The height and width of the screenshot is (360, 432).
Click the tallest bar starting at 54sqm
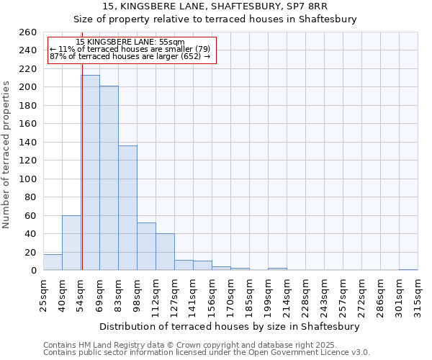point(90,173)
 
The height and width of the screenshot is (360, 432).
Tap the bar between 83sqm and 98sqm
point(127,208)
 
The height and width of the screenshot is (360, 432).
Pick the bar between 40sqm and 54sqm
point(71,243)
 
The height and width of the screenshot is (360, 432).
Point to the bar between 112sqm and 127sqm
point(165,252)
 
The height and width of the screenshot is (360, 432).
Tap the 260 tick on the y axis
point(29,32)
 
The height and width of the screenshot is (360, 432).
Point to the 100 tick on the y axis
point(29,179)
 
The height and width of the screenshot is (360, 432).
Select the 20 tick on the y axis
point(32,252)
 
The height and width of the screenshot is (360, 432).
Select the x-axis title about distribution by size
point(230,326)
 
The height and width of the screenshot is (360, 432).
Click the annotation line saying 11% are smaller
point(130,49)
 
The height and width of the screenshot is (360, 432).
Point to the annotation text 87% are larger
point(130,56)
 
